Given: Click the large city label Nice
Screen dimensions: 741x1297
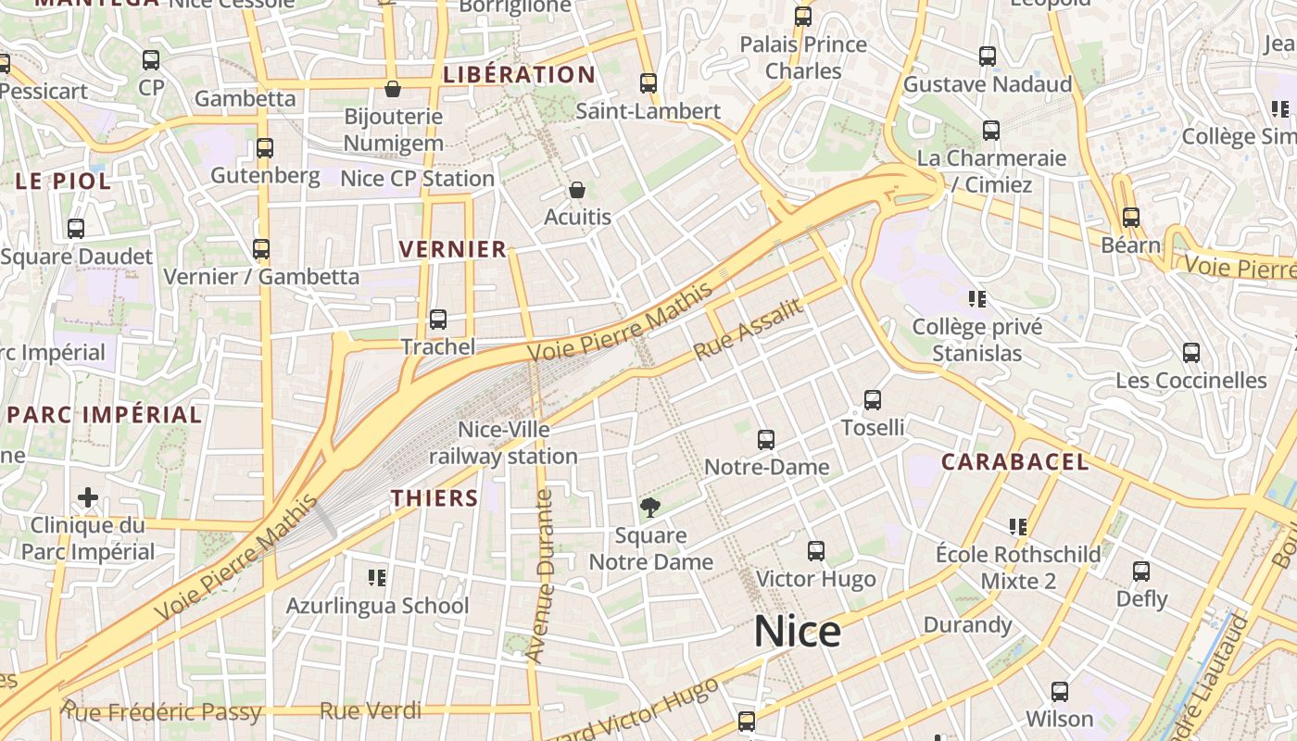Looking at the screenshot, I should (797, 632).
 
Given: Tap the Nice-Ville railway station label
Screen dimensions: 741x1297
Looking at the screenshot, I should (503, 443).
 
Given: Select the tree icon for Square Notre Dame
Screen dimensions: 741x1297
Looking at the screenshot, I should (650, 507).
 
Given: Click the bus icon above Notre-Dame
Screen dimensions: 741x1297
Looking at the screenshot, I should (765, 440).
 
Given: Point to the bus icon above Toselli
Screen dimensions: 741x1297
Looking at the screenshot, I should (873, 400).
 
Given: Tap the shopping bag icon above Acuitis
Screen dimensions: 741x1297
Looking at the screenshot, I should (577, 190).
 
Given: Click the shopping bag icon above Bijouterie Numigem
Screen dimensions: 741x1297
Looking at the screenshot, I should (393, 89).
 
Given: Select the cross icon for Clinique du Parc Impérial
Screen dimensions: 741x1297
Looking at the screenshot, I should (88, 498).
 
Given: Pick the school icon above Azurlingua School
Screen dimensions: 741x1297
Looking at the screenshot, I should (377, 578).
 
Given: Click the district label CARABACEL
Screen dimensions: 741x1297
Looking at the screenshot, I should (1014, 461).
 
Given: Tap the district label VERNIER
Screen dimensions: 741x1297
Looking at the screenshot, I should (453, 249).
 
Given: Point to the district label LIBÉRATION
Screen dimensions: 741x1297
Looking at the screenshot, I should (519, 75).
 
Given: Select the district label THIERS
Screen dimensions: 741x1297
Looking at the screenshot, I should (434, 498).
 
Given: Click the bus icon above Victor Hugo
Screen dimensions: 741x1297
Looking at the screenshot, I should (816, 551).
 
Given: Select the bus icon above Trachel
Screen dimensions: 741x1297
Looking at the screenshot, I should (438, 320).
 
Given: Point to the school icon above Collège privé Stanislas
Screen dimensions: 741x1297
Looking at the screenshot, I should (976, 298).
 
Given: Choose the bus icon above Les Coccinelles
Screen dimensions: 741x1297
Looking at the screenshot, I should (1191, 353).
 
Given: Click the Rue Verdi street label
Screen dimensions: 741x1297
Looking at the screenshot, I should (370, 711).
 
